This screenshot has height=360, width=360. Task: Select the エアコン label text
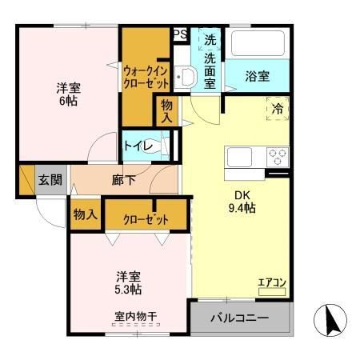tap(270, 281)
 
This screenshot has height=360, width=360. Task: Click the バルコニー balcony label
tap(239, 318)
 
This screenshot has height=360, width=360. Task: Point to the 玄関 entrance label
tap(50, 180)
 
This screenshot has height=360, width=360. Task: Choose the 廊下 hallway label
tap(123, 180)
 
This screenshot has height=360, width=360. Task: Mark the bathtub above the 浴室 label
tap(258, 45)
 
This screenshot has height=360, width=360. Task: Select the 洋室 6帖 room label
tap(68, 94)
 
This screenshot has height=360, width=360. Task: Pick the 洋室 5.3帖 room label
tap(128, 282)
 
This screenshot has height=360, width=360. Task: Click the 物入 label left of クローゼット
tap(86, 214)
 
